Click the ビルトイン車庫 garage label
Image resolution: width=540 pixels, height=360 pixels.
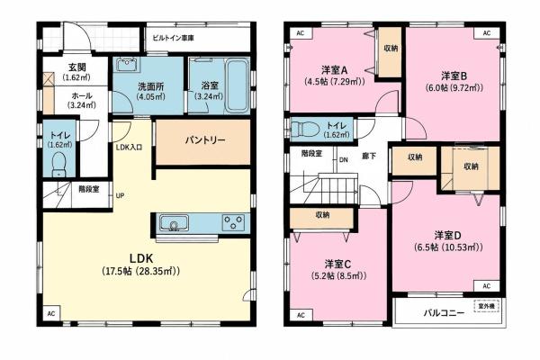click(x=173, y=38)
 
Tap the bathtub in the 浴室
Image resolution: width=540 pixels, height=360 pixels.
click(x=237, y=85)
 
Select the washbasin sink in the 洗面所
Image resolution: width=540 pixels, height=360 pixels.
click(x=127, y=65)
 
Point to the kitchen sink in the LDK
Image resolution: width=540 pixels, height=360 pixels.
click(x=175, y=223)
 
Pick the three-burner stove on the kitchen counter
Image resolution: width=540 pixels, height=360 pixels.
click(x=233, y=222)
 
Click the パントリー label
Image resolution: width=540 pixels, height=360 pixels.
click(x=205, y=140)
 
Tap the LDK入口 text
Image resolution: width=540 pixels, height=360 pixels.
click(x=129, y=148)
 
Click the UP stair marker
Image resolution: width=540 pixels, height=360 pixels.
click(x=120, y=195)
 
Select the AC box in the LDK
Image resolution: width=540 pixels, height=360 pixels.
click(x=51, y=313)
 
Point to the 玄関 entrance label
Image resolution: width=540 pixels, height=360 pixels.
click(x=76, y=67)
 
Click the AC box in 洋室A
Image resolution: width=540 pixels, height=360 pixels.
click(x=301, y=33)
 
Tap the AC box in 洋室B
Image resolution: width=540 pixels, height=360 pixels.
click(x=486, y=33)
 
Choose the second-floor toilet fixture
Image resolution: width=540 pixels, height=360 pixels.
click(x=305, y=130)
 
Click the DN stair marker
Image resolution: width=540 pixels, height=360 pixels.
click(x=344, y=160)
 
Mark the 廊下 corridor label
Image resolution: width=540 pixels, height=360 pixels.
click(x=369, y=156)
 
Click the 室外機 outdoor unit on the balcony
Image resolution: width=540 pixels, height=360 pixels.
click(x=487, y=306)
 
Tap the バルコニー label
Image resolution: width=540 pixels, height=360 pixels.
click(x=444, y=313)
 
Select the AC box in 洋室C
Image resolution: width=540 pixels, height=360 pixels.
click(x=301, y=315)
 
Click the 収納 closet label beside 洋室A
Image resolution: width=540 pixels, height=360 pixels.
click(x=391, y=48)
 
